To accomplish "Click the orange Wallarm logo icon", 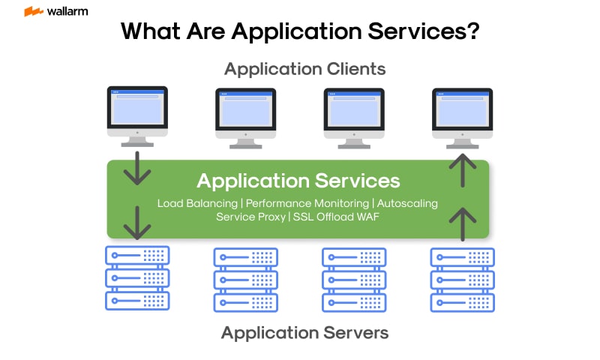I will [x=33, y=12].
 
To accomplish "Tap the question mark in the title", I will [x=472, y=32].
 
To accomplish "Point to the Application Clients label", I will [x=304, y=70].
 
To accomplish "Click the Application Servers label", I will [x=304, y=332].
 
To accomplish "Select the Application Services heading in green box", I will [x=298, y=181].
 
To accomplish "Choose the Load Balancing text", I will [x=198, y=203].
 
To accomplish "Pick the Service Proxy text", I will [x=250, y=217].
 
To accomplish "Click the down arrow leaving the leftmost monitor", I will [x=137, y=169].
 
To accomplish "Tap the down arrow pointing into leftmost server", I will [x=137, y=223].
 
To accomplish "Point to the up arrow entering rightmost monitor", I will [x=463, y=169].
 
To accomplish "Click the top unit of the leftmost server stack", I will [x=137, y=255].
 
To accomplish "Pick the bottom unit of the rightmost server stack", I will [x=462, y=302].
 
